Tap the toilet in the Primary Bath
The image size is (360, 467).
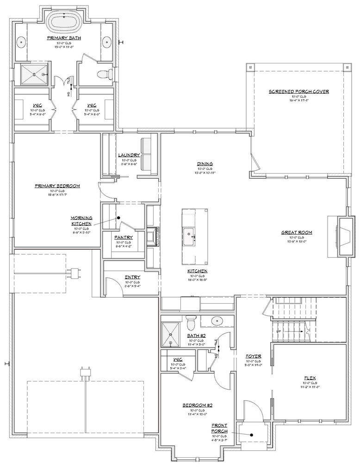(x=104, y=74)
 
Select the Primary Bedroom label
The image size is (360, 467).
(x=57, y=186)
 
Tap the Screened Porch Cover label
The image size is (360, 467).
(x=298, y=92)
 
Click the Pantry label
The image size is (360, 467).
(x=124, y=237)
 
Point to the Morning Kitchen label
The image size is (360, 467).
(x=81, y=220)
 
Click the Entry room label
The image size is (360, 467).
(x=132, y=277)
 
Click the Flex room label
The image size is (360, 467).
(x=310, y=377)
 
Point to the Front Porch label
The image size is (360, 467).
(x=219, y=428)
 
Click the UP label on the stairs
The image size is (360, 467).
(x=278, y=332)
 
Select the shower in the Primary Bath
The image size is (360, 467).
(x=34, y=75)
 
